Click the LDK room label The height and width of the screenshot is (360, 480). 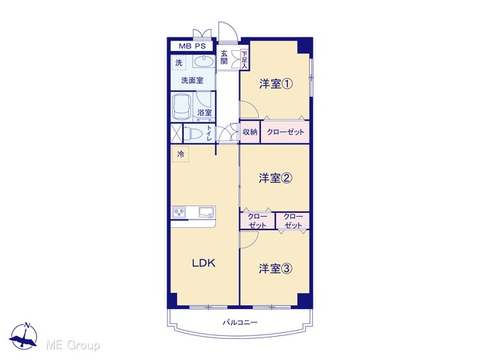203,263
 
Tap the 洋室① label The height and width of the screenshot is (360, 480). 276,84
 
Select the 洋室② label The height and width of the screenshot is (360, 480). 275,178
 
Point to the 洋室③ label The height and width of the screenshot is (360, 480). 275,268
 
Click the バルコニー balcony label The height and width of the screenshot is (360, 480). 240,322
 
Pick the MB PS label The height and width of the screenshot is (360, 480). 192,46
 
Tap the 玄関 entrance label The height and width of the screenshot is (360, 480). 224,57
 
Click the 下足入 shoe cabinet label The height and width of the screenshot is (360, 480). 244,60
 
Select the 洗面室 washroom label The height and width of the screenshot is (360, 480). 192,80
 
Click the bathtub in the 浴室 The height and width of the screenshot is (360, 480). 181,107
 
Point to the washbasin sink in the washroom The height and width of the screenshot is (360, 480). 203,61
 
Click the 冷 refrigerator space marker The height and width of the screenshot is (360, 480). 181,154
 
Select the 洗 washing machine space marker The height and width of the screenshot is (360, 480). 178,63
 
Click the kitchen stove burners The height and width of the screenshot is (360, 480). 179,212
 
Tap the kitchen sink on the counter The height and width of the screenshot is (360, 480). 207,212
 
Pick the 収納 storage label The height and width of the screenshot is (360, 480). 250,132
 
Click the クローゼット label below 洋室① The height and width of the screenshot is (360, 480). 285,132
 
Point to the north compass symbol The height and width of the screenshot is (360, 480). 24,336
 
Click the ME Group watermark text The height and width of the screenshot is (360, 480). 73,346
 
